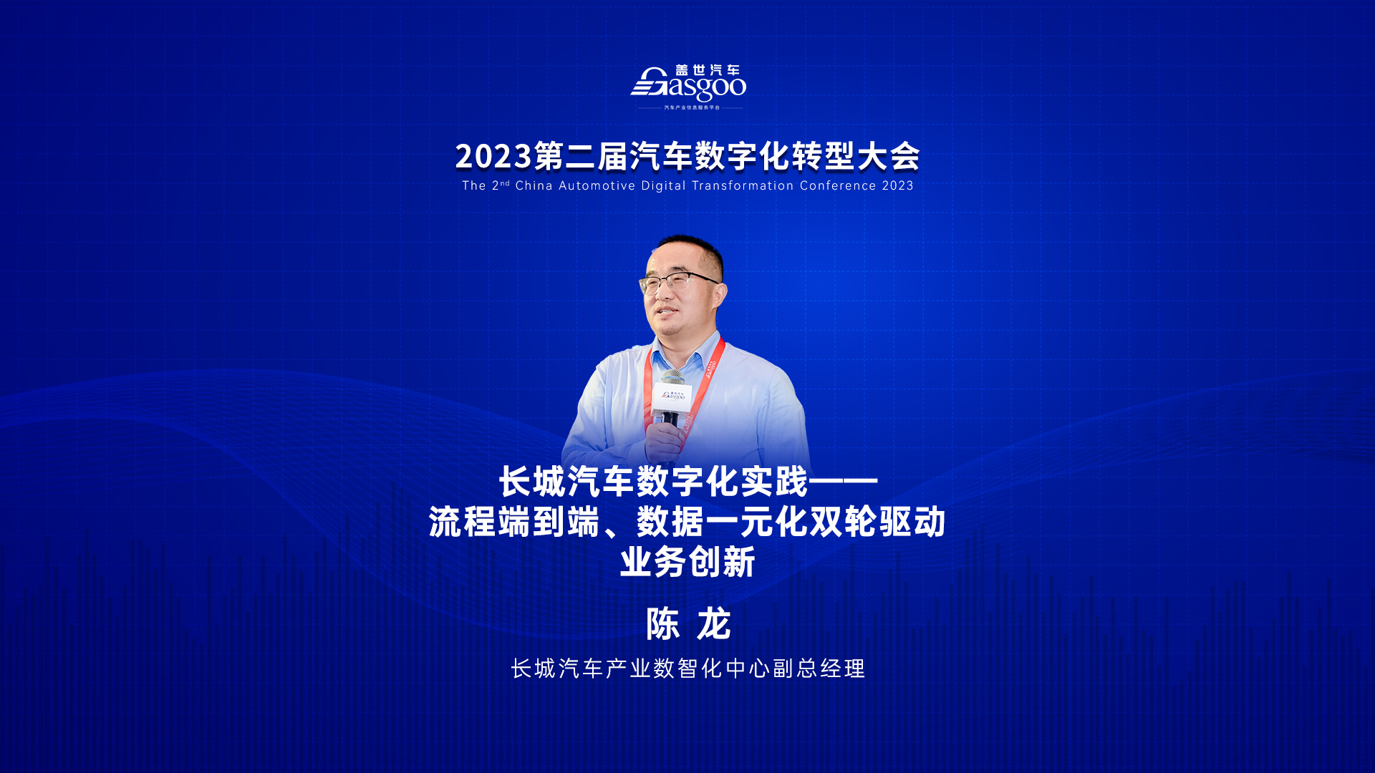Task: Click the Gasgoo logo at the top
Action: coord(688,87)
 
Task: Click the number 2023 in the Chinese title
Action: coord(494,157)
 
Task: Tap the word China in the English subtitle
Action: coord(534,185)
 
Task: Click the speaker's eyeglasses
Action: coord(677,281)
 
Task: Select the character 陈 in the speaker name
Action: coord(662,624)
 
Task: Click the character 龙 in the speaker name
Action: coord(713,624)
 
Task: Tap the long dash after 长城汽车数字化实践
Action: coord(844,481)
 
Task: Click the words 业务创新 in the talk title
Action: coord(687,562)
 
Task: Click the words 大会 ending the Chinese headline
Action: coord(889,157)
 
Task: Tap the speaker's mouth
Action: coord(667,313)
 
